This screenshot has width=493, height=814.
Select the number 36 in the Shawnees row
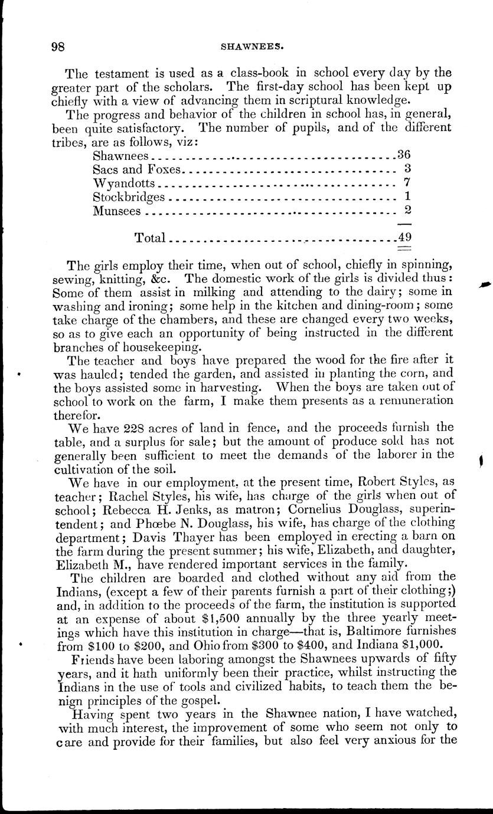point(404,155)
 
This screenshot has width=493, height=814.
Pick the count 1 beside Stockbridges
point(407,196)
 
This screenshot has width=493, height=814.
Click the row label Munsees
point(117,210)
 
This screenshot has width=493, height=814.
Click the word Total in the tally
point(150,238)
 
